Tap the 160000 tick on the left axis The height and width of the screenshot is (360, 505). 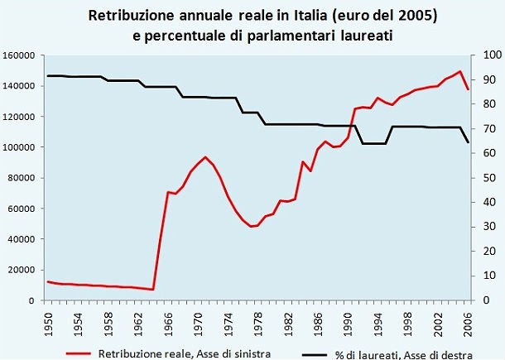25,55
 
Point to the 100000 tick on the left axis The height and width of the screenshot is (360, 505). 25,147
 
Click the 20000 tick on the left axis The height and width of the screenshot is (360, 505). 27,270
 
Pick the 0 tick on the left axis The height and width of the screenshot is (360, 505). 37,300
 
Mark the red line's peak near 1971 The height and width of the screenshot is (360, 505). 204,157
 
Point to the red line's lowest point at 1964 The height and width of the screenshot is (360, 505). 153,290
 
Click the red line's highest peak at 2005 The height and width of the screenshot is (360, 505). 460,71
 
